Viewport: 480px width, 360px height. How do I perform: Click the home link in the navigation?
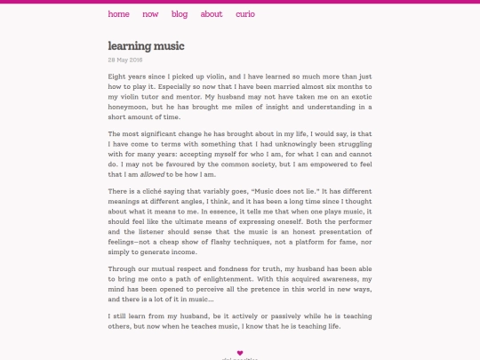tap(118, 14)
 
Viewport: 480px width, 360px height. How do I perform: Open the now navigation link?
tap(150, 14)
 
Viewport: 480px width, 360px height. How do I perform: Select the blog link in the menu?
tap(180, 14)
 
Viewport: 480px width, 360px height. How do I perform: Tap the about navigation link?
tap(212, 14)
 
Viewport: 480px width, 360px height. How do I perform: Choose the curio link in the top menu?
tap(245, 14)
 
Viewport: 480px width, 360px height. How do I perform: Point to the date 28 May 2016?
tap(124, 60)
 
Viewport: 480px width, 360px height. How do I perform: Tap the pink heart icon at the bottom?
tap(239, 353)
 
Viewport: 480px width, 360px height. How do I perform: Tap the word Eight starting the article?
tap(118, 76)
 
